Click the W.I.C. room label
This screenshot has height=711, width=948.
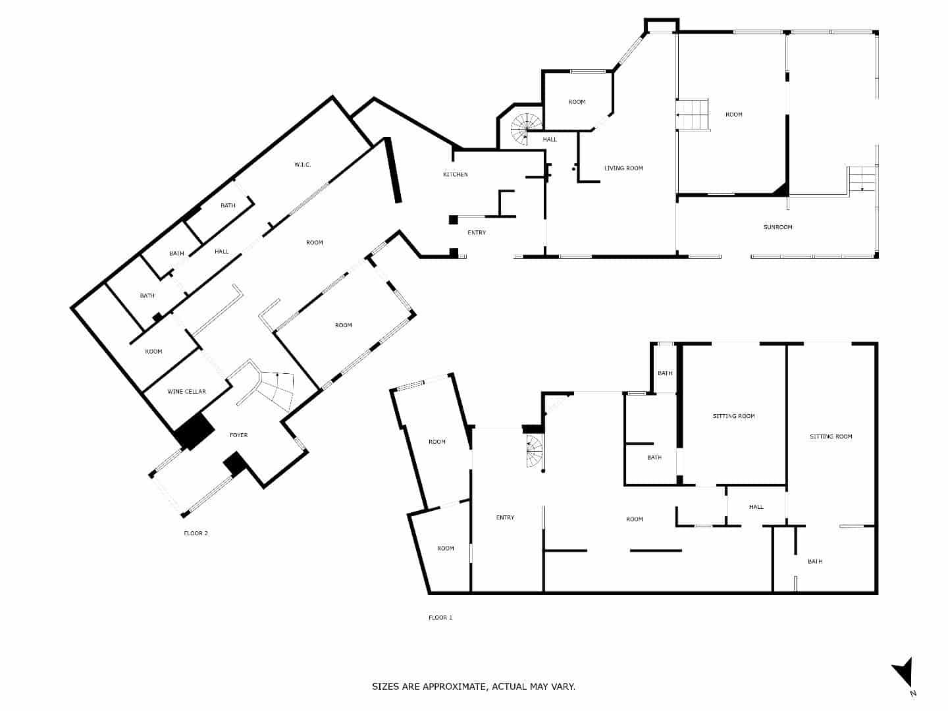pyautogui.click(x=302, y=165)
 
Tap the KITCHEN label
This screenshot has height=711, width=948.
pyautogui.click(x=455, y=174)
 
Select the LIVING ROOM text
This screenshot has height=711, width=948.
pyautogui.click(x=623, y=169)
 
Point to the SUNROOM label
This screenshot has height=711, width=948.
pyautogui.click(x=777, y=227)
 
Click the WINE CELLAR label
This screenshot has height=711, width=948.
pyautogui.click(x=186, y=392)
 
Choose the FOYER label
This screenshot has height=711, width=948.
pyautogui.click(x=238, y=435)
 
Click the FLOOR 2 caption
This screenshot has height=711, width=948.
pyautogui.click(x=196, y=533)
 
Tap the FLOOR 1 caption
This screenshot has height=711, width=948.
pyautogui.click(x=440, y=618)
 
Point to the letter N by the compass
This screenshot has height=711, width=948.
pyautogui.click(x=912, y=693)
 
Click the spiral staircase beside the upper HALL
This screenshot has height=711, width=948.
pyautogui.click(x=526, y=128)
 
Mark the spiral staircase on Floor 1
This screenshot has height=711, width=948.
pyautogui.click(x=534, y=453)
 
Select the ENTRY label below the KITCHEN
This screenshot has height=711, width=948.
pyautogui.click(x=477, y=233)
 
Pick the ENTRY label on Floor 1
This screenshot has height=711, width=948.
pyautogui.click(x=505, y=517)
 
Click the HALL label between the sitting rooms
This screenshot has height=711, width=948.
pyautogui.click(x=756, y=507)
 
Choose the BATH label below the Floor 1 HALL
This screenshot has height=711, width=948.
pyautogui.click(x=815, y=562)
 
